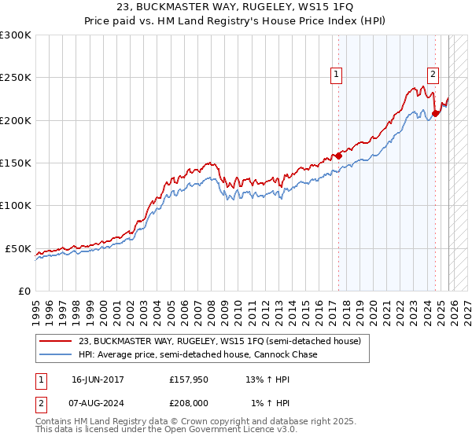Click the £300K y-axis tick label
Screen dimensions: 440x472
click(16, 35)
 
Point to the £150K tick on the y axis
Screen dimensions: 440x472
click(16, 163)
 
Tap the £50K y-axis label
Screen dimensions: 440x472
click(18, 248)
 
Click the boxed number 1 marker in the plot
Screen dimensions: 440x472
click(337, 75)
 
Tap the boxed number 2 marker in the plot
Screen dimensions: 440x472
click(433, 75)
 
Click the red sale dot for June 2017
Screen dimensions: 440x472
click(338, 156)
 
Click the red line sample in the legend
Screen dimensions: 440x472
click(57, 341)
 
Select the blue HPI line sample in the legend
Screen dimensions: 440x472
click(57, 354)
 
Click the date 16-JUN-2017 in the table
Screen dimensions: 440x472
click(98, 379)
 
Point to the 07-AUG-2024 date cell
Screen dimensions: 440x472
click(98, 402)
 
